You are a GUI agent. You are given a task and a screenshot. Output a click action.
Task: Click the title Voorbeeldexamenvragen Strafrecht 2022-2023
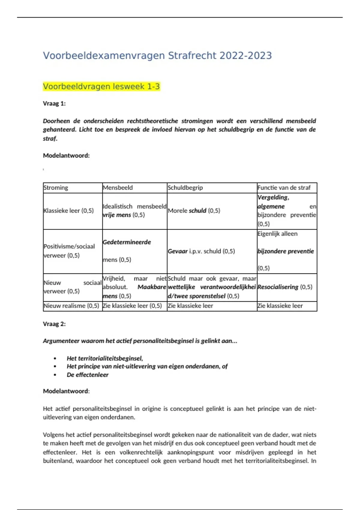(157, 56)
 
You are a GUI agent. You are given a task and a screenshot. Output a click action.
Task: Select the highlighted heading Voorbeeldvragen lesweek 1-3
(101, 87)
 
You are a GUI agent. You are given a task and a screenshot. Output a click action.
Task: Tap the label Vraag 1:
(54, 103)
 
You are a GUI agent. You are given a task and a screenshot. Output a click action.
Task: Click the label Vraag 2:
(54, 324)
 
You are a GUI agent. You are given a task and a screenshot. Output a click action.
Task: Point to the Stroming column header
(56, 188)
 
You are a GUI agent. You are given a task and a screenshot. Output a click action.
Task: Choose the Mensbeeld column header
(118, 188)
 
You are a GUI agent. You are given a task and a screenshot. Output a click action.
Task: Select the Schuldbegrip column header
(185, 188)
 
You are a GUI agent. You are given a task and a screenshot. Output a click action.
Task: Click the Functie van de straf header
(284, 188)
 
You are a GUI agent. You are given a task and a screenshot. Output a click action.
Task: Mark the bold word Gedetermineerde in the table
(127, 242)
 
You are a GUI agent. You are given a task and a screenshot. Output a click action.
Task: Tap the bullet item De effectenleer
(88, 375)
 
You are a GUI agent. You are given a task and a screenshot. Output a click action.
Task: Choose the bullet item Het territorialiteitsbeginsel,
(105, 358)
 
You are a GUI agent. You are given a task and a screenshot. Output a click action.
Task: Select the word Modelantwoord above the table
(66, 155)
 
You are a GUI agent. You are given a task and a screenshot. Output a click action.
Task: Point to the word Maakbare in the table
(151, 287)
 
